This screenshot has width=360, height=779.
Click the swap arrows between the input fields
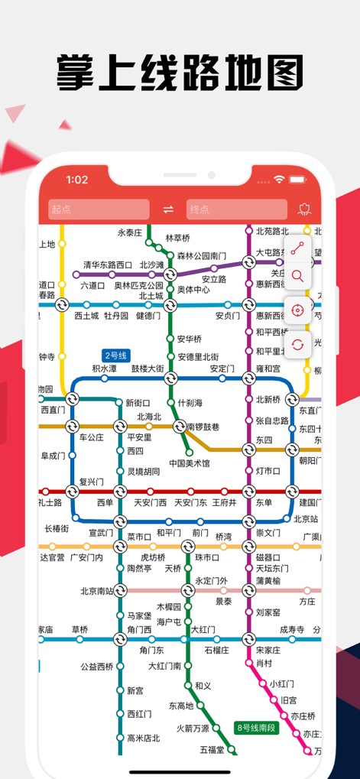[x=168, y=209]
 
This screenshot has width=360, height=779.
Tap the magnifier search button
[x=297, y=277]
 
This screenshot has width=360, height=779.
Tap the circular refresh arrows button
[x=297, y=344]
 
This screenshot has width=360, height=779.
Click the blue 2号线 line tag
[x=117, y=355]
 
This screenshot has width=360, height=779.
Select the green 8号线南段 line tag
[x=257, y=727]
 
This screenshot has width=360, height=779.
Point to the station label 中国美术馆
[x=190, y=463]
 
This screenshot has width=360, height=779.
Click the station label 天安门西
[x=150, y=502]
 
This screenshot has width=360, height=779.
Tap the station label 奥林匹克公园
[x=139, y=286]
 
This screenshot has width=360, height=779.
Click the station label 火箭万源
[x=193, y=728]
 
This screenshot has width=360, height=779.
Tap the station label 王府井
[x=223, y=502]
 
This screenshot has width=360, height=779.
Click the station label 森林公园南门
[x=202, y=256]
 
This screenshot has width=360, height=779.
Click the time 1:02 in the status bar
[x=77, y=180]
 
